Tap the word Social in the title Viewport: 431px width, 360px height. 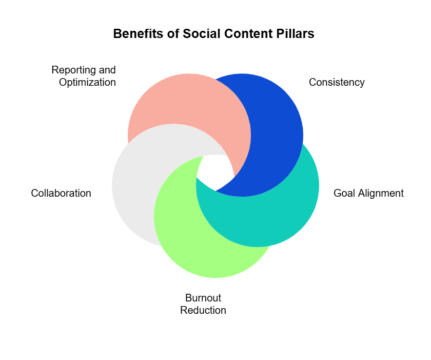pos(200,34)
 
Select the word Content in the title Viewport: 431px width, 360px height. pos(244,34)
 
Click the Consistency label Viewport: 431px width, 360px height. pos(337,83)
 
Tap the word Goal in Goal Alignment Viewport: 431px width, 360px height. pos(344,194)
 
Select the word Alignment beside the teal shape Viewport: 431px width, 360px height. pos(381,194)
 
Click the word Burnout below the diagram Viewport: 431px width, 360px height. pos(203,298)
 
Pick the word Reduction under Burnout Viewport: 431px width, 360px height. pos(203,311)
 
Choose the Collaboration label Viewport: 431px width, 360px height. pos(61,194)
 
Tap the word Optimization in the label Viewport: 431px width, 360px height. pos(87,82)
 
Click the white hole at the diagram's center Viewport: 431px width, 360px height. pos(215,172)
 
